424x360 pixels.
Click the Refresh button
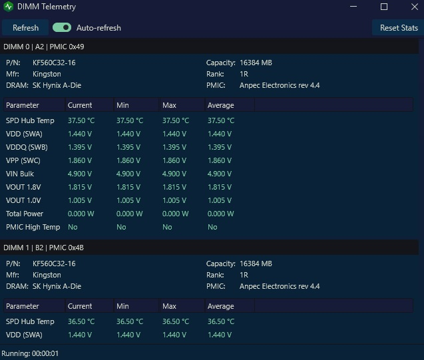pyautogui.click(x=25, y=27)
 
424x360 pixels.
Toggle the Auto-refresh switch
pyautogui.click(x=62, y=27)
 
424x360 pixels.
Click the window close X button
pyautogui.click(x=414, y=7)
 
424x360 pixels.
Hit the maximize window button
pyautogui.click(x=383, y=7)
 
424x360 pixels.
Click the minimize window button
pyautogui.click(x=353, y=7)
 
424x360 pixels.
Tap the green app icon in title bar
pyautogui.click(x=9, y=7)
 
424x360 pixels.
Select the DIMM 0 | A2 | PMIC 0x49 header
pyautogui.click(x=44, y=47)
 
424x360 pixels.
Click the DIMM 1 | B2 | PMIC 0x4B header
pyautogui.click(x=43, y=248)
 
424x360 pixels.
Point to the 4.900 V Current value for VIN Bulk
pyautogui.click(x=80, y=174)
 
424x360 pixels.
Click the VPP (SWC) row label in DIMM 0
pyautogui.click(x=23, y=160)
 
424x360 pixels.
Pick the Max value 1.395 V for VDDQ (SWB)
pyautogui.click(x=174, y=147)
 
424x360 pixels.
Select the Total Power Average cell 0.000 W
pyautogui.click(x=221, y=214)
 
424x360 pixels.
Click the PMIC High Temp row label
pyautogui.click(x=33, y=227)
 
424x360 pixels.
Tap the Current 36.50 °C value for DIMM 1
pyautogui.click(x=81, y=321)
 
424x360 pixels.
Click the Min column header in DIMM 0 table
pyautogui.click(x=122, y=105)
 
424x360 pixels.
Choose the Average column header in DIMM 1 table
pyautogui.click(x=221, y=306)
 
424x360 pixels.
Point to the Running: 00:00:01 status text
pyautogui.click(x=30, y=353)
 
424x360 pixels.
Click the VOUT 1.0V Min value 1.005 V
pyautogui.click(x=128, y=200)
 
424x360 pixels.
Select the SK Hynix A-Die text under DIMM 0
pyautogui.click(x=57, y=85)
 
